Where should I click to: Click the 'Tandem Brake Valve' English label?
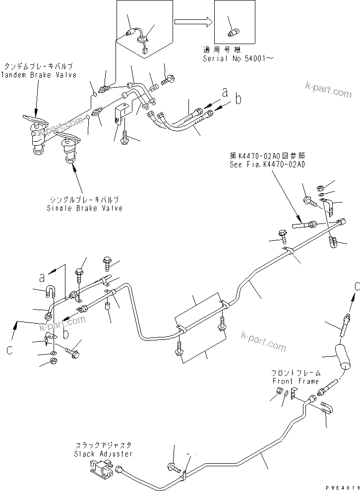[x=39, y=75]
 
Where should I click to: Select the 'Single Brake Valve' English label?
[x=84, y=208]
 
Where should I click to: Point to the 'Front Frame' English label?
[x=296, y=381]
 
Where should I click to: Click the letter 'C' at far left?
[x=9, y=350]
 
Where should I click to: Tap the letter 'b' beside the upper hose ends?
[x=238, y=100]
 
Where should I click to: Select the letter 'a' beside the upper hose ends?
[x=225, y=92]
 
